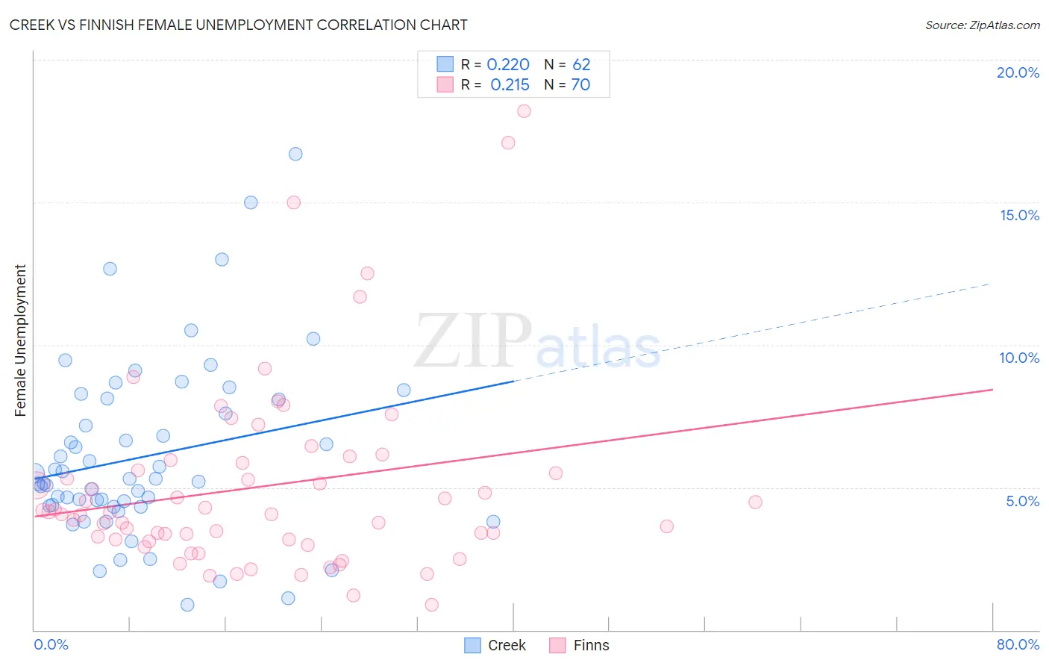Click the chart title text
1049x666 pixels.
click(x=239, y=25)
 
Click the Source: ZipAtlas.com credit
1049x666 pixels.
click(x=982, y=25)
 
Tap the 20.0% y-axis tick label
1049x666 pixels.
click(x=1018, y=72)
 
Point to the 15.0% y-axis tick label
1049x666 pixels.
click(x=1019, y=215)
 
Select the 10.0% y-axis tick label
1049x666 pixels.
click(x=1019, y=358)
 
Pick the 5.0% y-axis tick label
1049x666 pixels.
click(x=1022, y=501)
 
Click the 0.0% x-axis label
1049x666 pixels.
click(x=51, y=644)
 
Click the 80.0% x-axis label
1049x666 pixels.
click(x=1018, y=644)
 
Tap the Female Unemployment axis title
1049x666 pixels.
click(x=20, y=340)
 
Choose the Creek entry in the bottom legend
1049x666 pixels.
click(x=495, y=645)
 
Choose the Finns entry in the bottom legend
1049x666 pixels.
click(x=580, y=645)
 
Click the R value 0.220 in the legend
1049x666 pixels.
click(x=508, y=65)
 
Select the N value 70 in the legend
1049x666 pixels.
click(x=580, y=85)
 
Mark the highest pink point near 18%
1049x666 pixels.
click(x=524, y=111)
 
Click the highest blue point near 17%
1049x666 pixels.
click(x=295, y=154)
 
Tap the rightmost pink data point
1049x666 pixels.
click(x=755, y=502)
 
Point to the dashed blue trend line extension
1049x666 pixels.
click(x=754, y=332)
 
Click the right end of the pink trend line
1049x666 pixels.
click(x=992, y=390)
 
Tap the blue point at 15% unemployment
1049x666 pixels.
click(x=251, y=202)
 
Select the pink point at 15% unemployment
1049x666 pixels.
click(x=294, y=202)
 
